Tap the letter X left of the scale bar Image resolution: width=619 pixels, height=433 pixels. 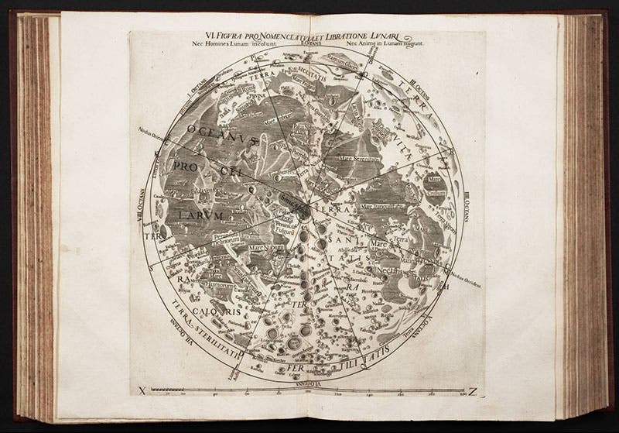pos(141,390)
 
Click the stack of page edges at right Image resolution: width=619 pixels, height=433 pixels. pos(579,209)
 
